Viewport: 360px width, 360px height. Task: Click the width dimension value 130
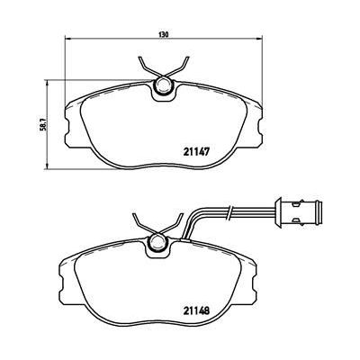[x=164, y=35]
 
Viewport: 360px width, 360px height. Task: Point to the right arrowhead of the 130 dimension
[x=260, y=41]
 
